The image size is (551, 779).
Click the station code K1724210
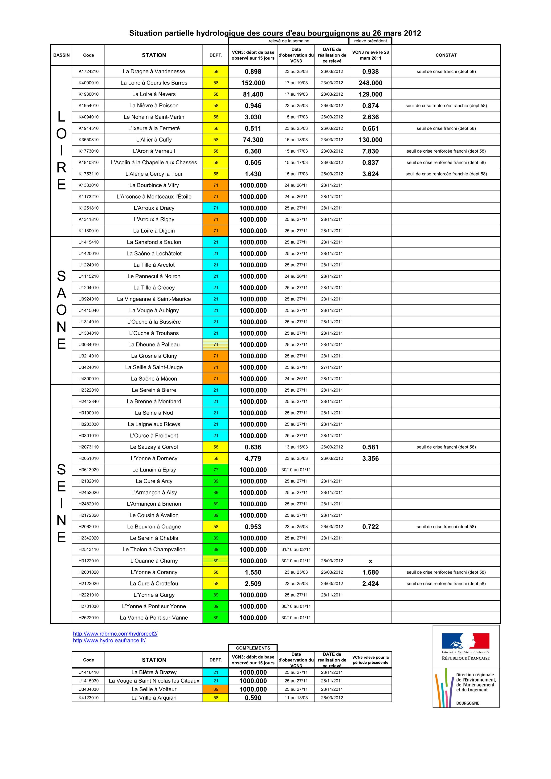88,72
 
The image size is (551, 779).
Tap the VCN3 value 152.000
253,83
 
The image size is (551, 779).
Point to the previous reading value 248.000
370,83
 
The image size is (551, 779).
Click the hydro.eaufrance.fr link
109,641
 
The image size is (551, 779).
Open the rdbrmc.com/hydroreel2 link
115,634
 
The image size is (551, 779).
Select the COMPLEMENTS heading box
253,648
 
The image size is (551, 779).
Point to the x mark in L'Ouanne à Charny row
370,561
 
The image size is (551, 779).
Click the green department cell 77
216,470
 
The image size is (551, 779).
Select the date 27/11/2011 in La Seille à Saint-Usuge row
332,367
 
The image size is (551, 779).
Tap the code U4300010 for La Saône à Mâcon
88,379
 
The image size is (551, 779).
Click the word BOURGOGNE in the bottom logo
467,703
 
